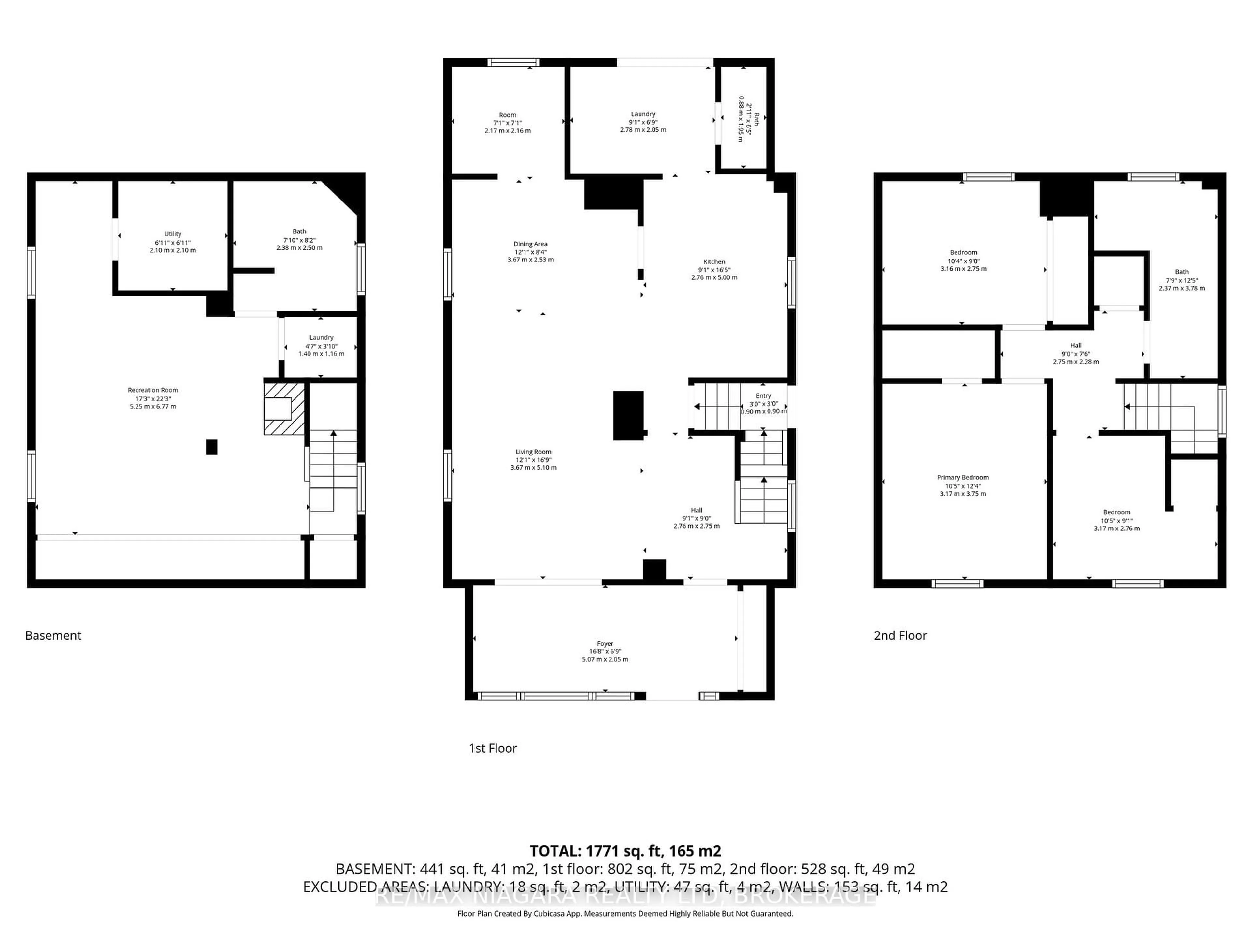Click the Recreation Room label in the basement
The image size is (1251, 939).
click(x=153, y=390)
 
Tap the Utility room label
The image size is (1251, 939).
click(x=172, y=234)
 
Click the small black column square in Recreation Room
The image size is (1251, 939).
click(x=211, y=447)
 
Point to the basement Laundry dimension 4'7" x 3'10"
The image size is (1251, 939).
click(x=321, y=346)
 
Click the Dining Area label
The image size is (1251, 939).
click(x=530, y=244)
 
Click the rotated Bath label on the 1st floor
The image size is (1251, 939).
click(x=756, y=119)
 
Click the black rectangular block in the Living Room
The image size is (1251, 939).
click(x=628, y=415)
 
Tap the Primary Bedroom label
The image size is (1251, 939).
click(x=963, y=477)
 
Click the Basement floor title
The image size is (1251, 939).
click(x=53, y=636)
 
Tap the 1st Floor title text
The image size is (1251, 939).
click(x=493, y=748)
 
